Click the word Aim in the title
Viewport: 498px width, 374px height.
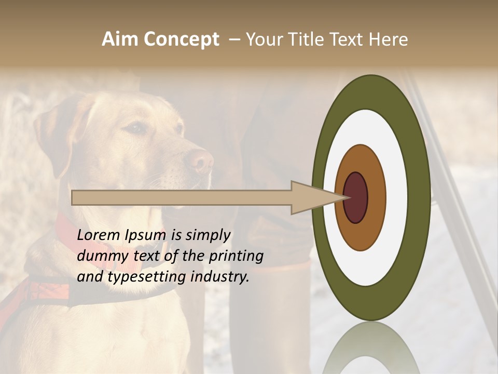(x=120, y=39)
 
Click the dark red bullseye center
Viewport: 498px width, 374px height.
(x=355, y=198)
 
